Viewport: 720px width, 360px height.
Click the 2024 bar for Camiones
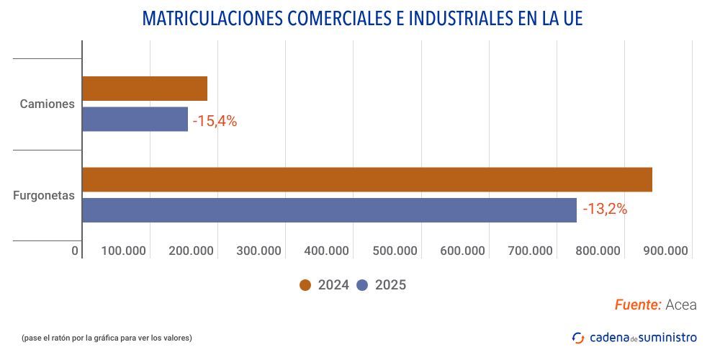(x=145, y=89)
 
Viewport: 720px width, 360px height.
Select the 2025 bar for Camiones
(x=135, y=119)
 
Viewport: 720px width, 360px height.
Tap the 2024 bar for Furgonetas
(x=367, y=180)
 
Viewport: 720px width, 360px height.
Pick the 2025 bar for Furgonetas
(x=329, y=210)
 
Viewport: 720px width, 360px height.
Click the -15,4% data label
(x=215, y=121)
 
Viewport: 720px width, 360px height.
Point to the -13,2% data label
(x=605, y=210)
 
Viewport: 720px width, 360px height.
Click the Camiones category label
(x=48, y=104)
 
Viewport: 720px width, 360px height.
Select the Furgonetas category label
(x=44, y=195)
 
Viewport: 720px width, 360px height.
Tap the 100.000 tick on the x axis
(x=124, y=251)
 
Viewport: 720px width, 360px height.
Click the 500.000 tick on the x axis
(x=395, y=251)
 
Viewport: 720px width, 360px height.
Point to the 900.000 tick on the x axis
(x=666, y=251)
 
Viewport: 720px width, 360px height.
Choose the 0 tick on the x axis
(x=75, y=251)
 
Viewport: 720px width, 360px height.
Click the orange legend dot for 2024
(x=305, y=285)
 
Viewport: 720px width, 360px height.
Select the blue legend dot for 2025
(x=362, y=285)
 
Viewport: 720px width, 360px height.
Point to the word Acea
(x=681, y=305)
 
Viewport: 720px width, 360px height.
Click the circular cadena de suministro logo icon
(x=578, y=337)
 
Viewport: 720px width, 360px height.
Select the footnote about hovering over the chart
(x=107, y=338)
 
